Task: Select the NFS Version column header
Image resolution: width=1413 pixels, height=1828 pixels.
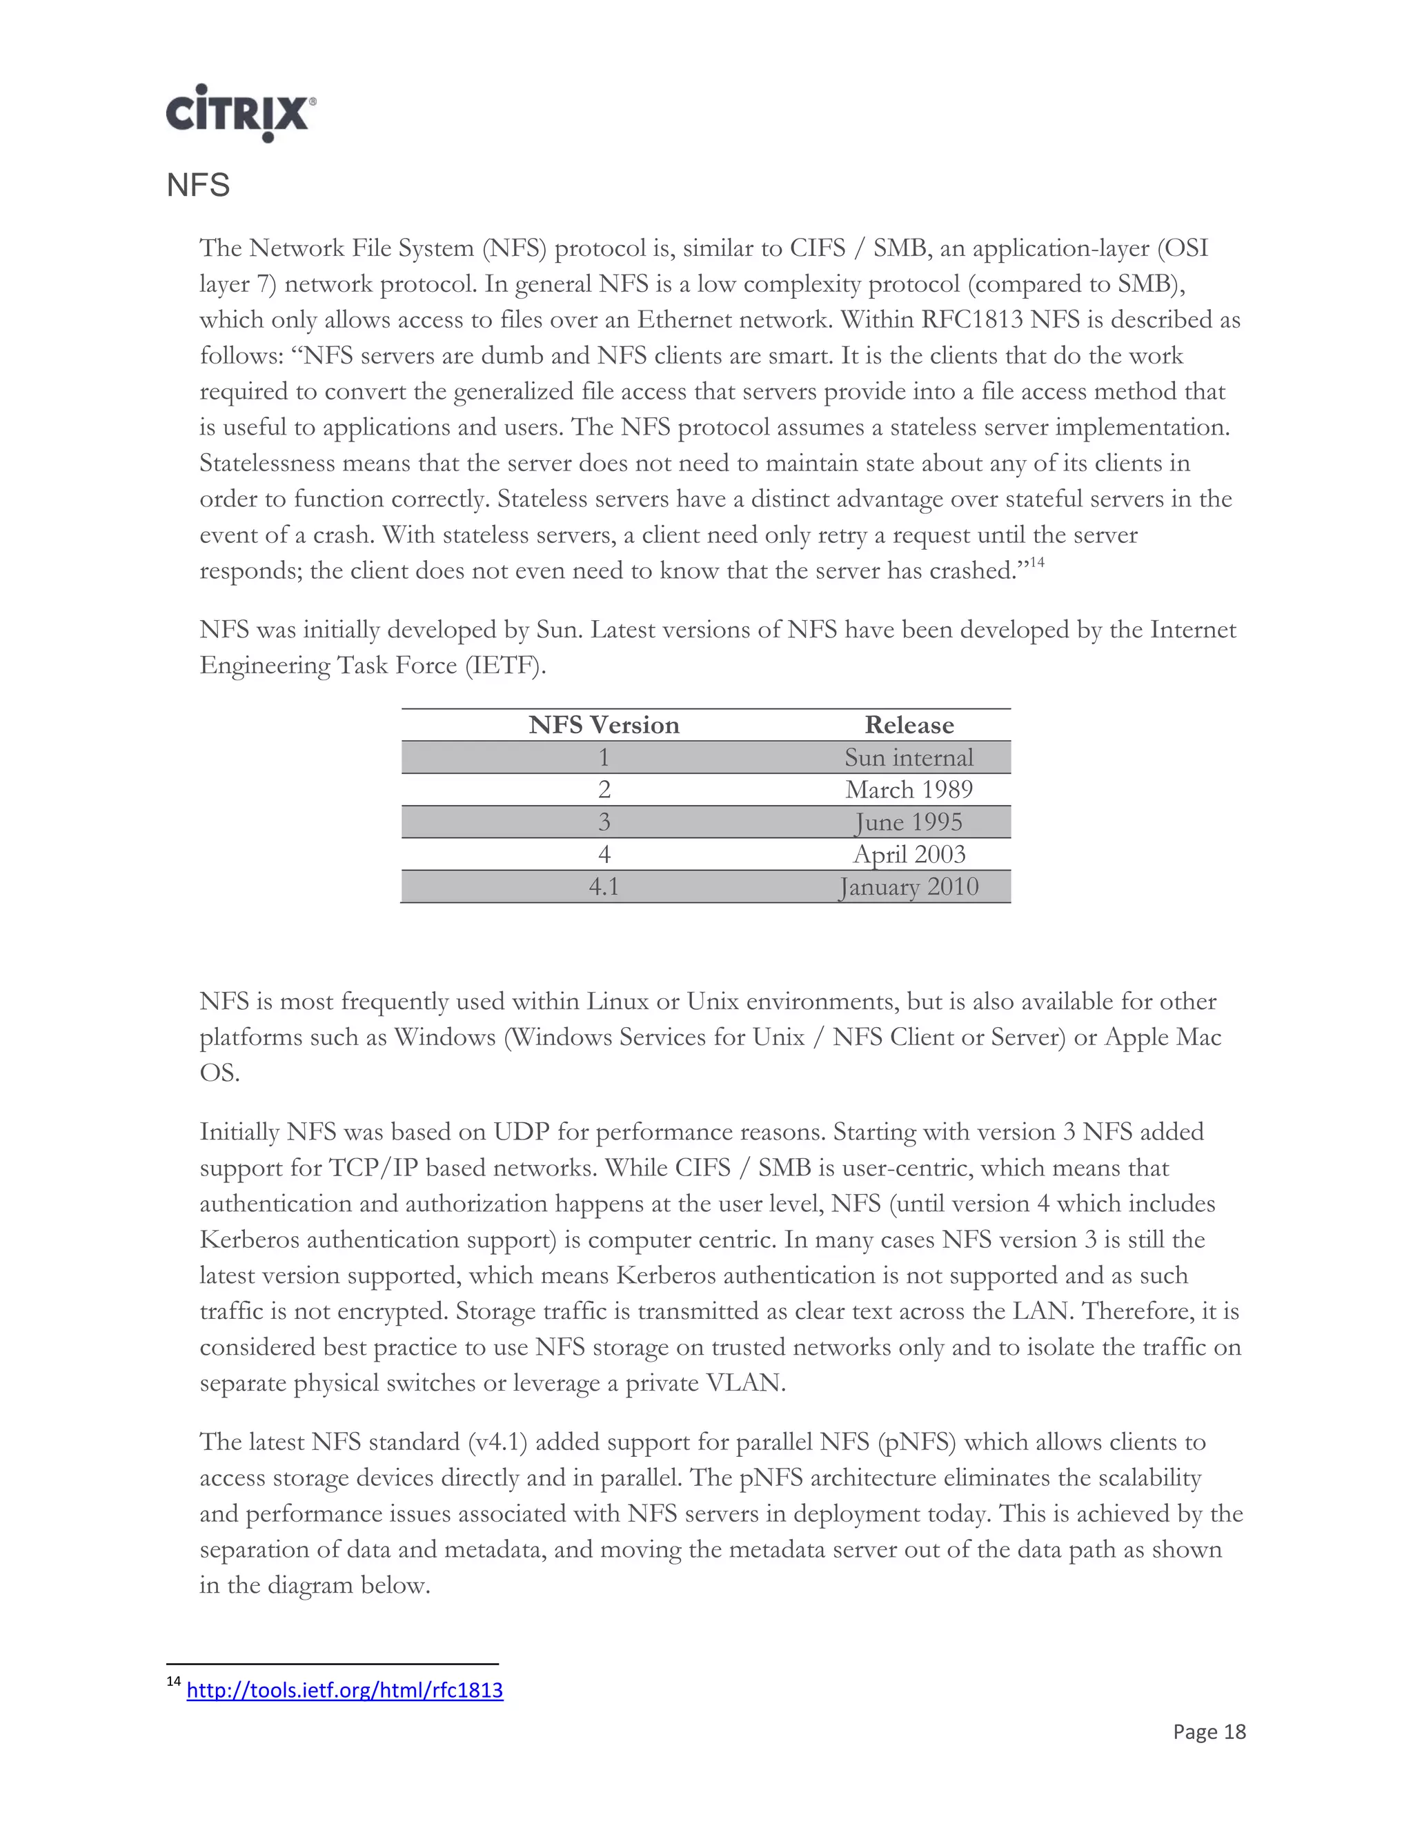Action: coord(604,725)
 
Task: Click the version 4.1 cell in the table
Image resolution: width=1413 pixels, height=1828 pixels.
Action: coord(604,886)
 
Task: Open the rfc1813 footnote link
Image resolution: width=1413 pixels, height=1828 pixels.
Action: coord(344,1690)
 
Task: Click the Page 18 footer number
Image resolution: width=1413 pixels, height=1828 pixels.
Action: coord(1209,1731)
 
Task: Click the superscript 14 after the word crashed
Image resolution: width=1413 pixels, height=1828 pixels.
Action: coord(1036,562)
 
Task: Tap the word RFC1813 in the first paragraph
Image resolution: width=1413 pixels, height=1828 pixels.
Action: coord(972,320)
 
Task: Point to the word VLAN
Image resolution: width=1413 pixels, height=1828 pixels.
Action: coord(745,1382)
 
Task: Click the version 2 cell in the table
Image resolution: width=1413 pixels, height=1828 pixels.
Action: coord(604,789)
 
